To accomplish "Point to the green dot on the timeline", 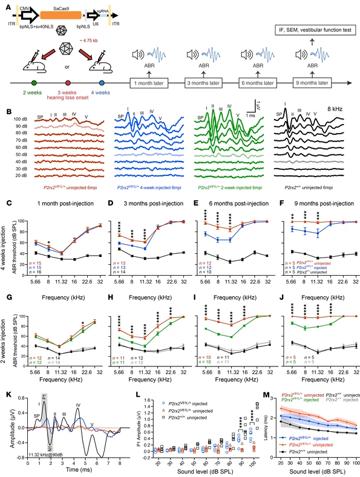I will pos(34,82).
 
